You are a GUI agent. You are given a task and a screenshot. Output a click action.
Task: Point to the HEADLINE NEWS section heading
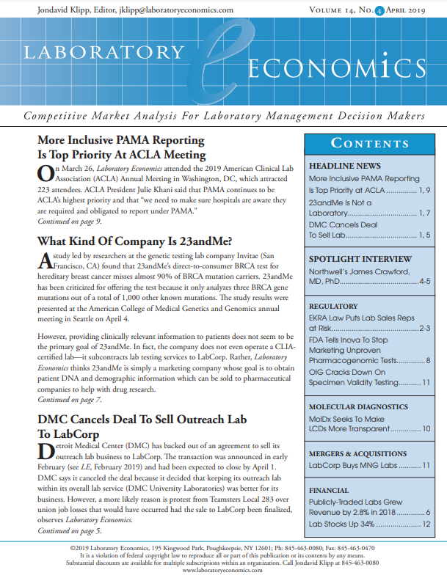click(344, 166)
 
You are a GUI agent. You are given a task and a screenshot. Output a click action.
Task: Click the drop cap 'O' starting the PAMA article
click(44, 175)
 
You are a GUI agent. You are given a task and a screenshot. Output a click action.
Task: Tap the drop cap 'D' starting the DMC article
click(44, 450)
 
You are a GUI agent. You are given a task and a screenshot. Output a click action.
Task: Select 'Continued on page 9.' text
click(70, 222)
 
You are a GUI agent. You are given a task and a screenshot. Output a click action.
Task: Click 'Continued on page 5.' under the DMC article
click(70, 530)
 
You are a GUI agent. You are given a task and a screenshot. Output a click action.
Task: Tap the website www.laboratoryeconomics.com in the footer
click(223, 570)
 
